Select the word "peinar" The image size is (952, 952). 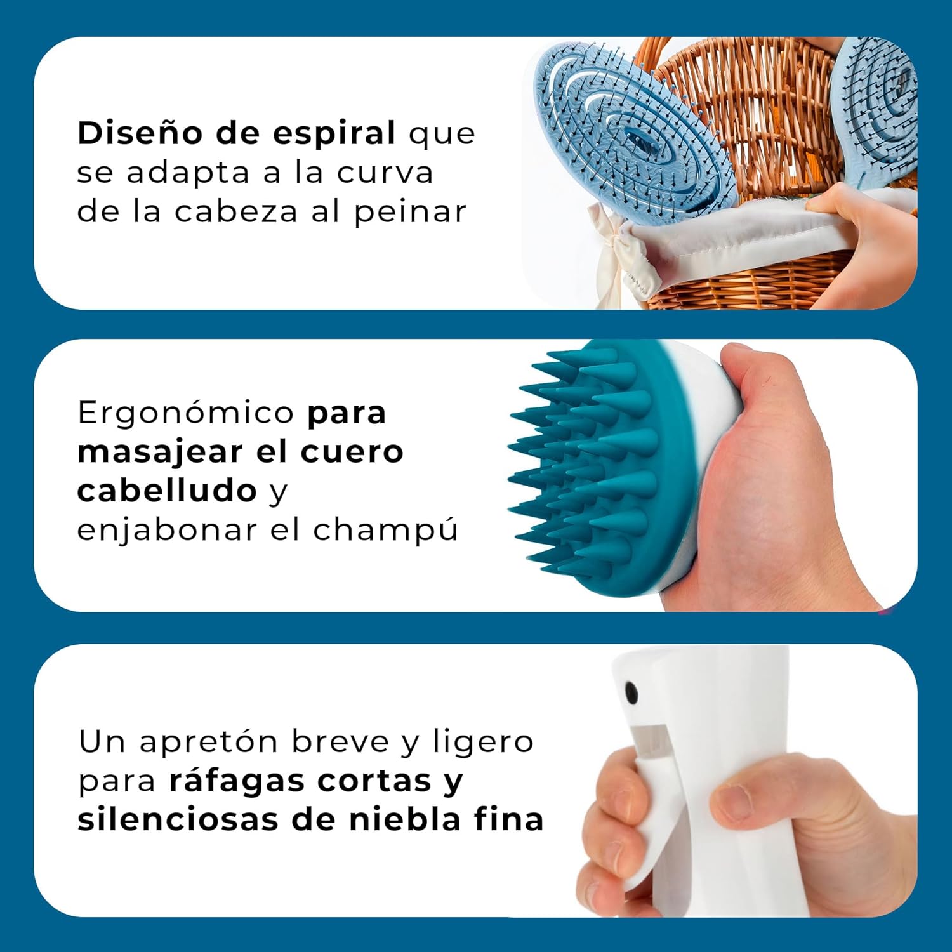tap(410, 212)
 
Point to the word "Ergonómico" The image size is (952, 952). tap(185, 414)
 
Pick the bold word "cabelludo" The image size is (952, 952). tap(167, 491)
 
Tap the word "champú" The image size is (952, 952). tap(385, 530)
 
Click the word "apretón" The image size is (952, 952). tap(209, 742)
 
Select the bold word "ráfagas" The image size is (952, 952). tap(236, 781)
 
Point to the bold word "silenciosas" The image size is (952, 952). tap(178, 819)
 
